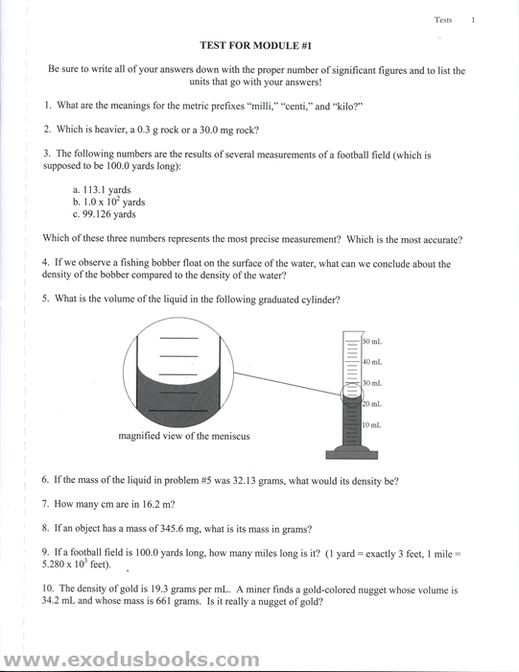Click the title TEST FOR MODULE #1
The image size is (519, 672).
tap(255, 45)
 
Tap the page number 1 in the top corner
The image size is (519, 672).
tap(473, 20)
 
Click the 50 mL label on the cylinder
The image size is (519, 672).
tap(372, 342)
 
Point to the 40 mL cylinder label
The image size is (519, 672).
tap(372, 362)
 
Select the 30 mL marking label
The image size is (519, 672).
tap(372, 383)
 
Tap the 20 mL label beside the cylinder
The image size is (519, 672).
tap(371, 404)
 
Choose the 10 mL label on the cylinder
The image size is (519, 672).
tap(371, 424)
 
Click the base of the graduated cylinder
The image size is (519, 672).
tap(351, 452)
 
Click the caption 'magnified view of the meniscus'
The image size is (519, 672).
tap(184, 436)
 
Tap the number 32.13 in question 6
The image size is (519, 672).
tap(244, 480)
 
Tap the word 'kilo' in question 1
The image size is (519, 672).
tap(346, 106)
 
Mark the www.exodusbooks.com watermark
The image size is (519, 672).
tap(131, 660)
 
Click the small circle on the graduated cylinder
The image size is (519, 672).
tap(352, 394)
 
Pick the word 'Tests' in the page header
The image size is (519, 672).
tap(443, 20)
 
